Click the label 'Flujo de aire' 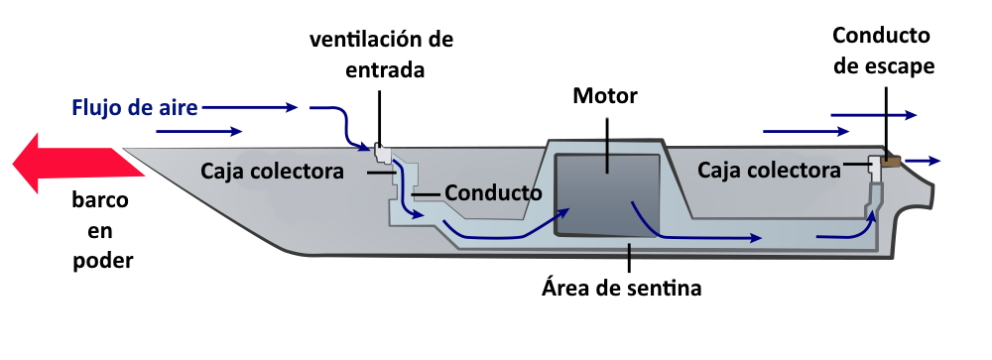point(134,105)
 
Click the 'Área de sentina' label point(621,289)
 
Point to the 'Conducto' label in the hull point(492,191)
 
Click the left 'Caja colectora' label point(272,171)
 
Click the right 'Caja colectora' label point(769,171)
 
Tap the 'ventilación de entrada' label point(381,56)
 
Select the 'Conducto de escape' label point(882,52)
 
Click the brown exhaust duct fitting point(891,162)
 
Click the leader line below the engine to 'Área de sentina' point(630,257)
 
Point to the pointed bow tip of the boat point(129,150)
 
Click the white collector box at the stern point(875,165)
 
